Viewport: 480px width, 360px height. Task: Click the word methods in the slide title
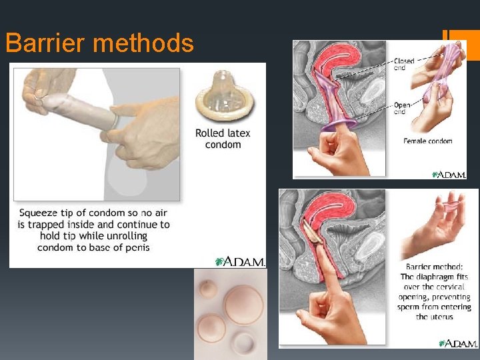[x=144, y=44]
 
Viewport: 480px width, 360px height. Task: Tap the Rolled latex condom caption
[x=223, y=139]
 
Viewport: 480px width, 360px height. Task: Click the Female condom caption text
[x=427, y=141]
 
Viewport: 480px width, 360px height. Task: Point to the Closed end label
[x=404, y=64]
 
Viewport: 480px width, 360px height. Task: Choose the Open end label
[x=402, y=108]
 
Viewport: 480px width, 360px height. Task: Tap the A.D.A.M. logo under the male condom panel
[x=240, y=261]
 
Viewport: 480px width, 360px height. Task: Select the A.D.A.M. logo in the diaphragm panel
[x=458, y=343]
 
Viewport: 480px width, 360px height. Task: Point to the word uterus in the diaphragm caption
[x=440, y=317]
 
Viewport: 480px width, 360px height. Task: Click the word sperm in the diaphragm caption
[x=413, y=307]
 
